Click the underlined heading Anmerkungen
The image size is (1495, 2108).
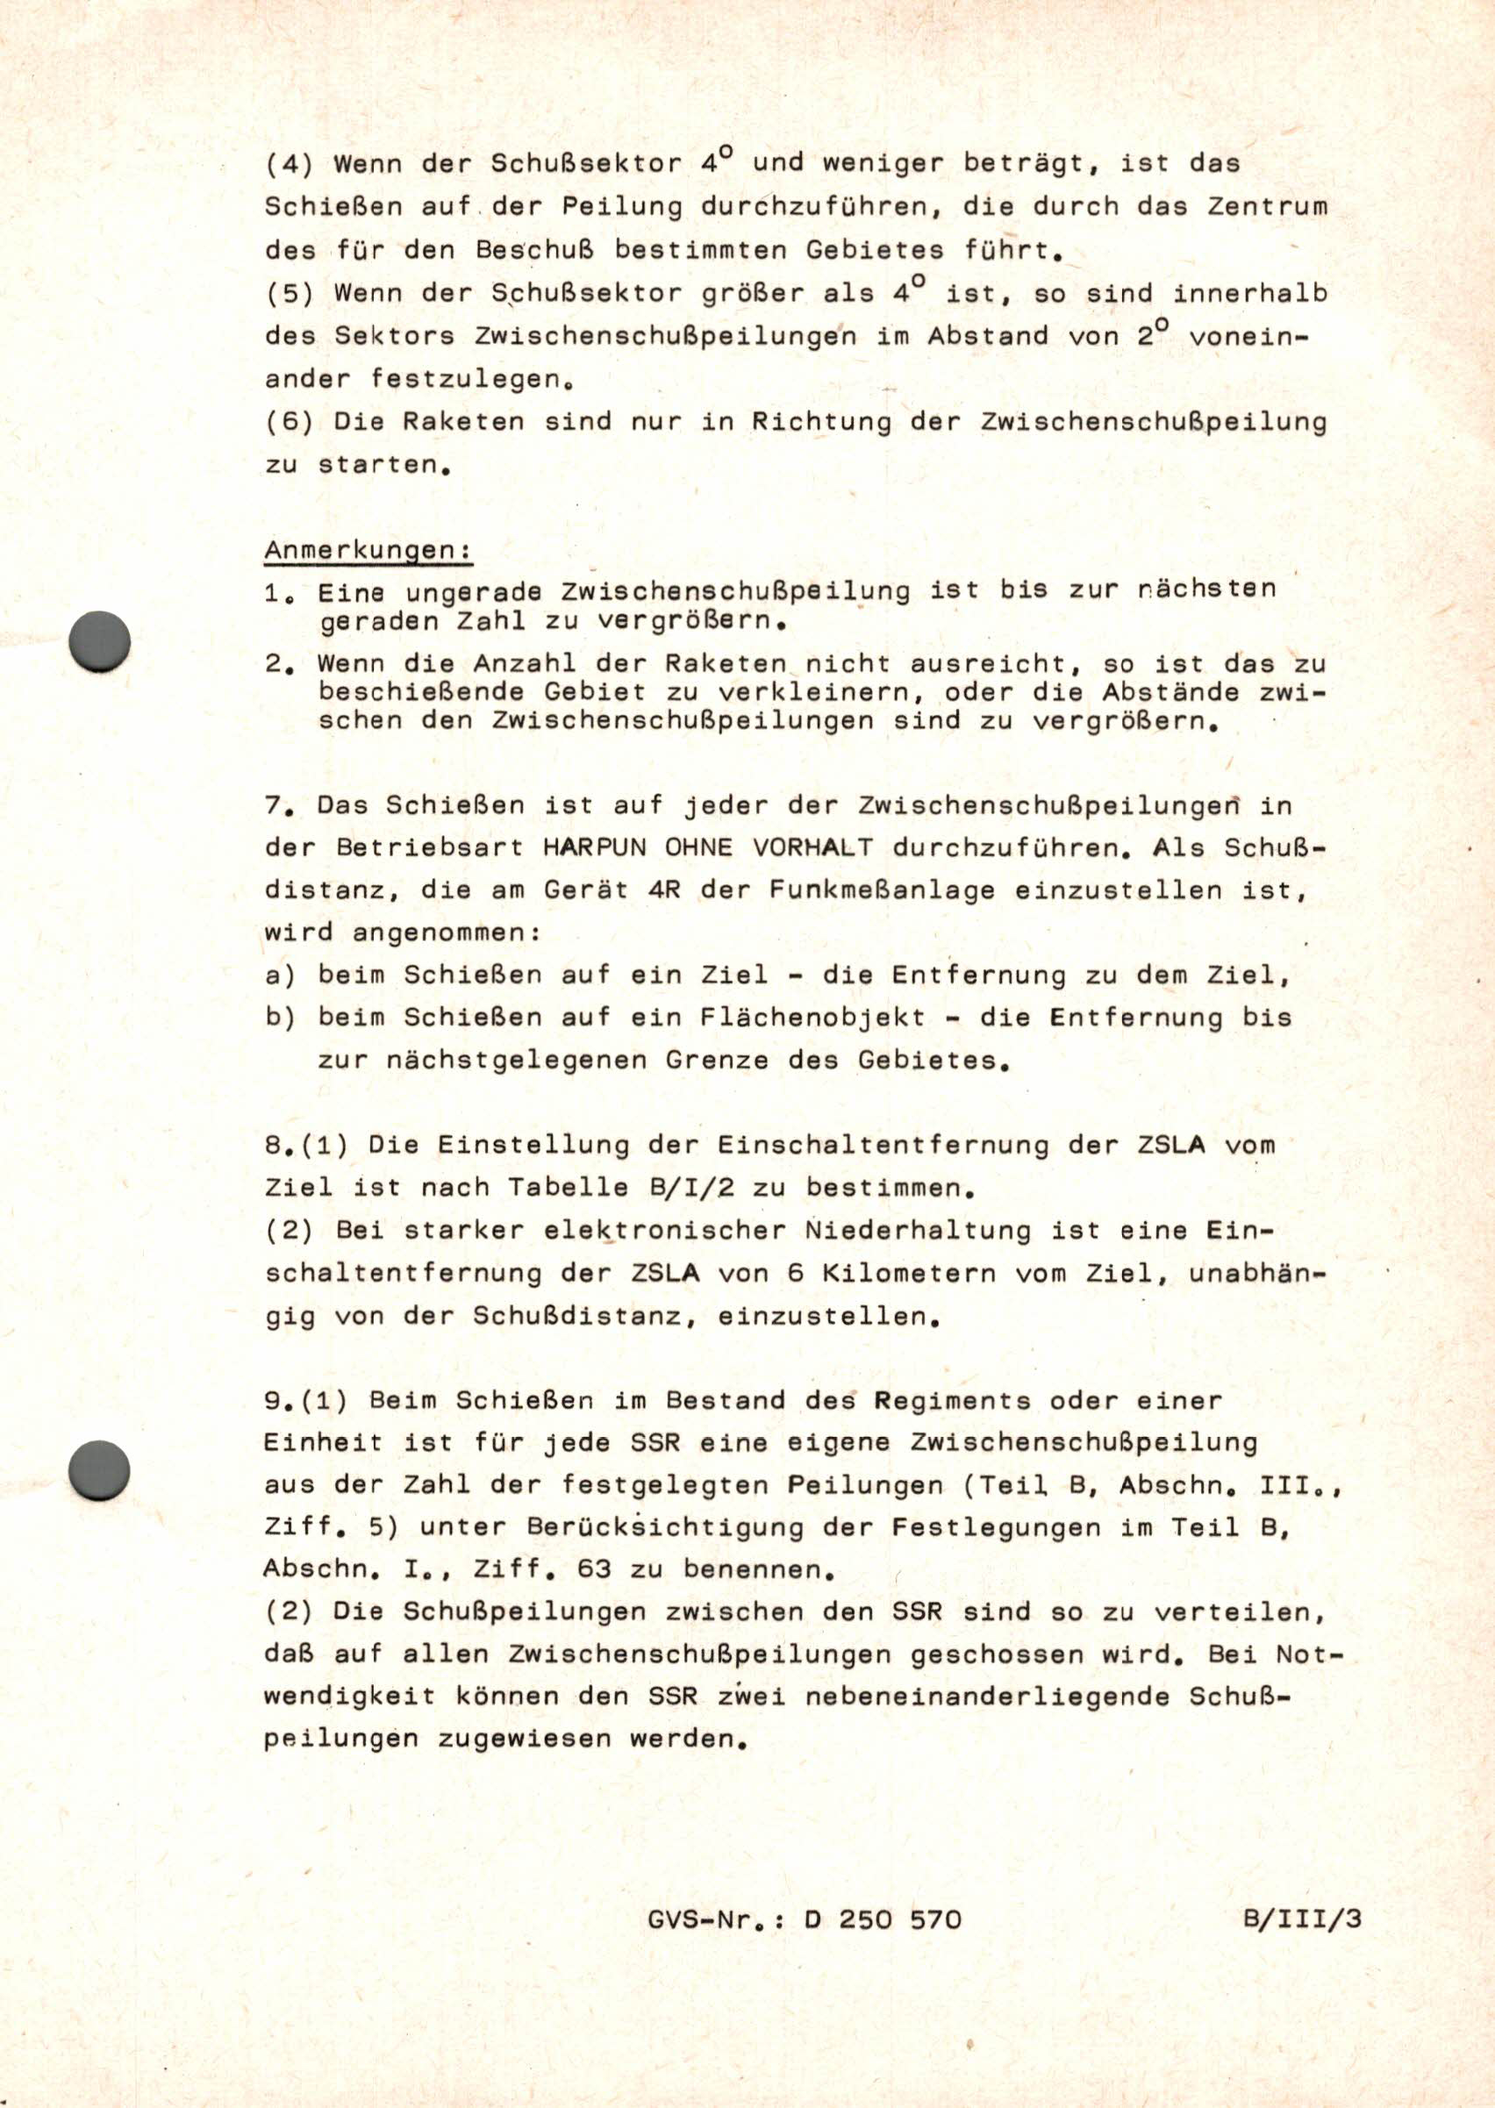pos(368,551)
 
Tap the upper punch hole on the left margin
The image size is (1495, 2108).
pos(99,640)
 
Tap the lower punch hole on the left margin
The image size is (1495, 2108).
pos(99,1470)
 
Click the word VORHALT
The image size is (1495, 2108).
pos(812,847)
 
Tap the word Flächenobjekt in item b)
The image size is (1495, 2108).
pos(811,1018)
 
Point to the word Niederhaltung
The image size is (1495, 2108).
pos(919,1231)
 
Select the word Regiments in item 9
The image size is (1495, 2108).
pos(952,1401)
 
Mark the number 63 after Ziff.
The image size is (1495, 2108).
pos(594,1568)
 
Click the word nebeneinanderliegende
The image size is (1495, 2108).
pos(987,1697)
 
